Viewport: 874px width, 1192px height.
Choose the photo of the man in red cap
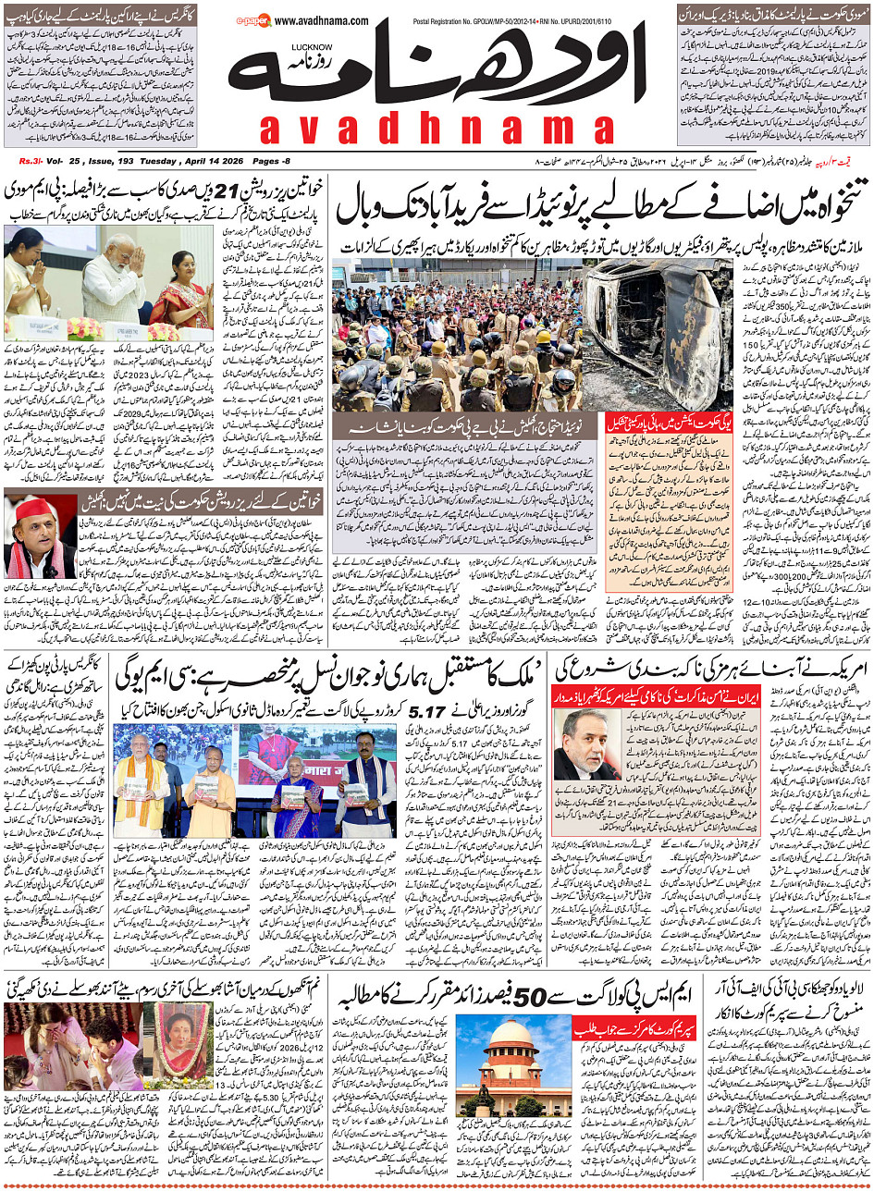pyautogui.click(x=40, y=535)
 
